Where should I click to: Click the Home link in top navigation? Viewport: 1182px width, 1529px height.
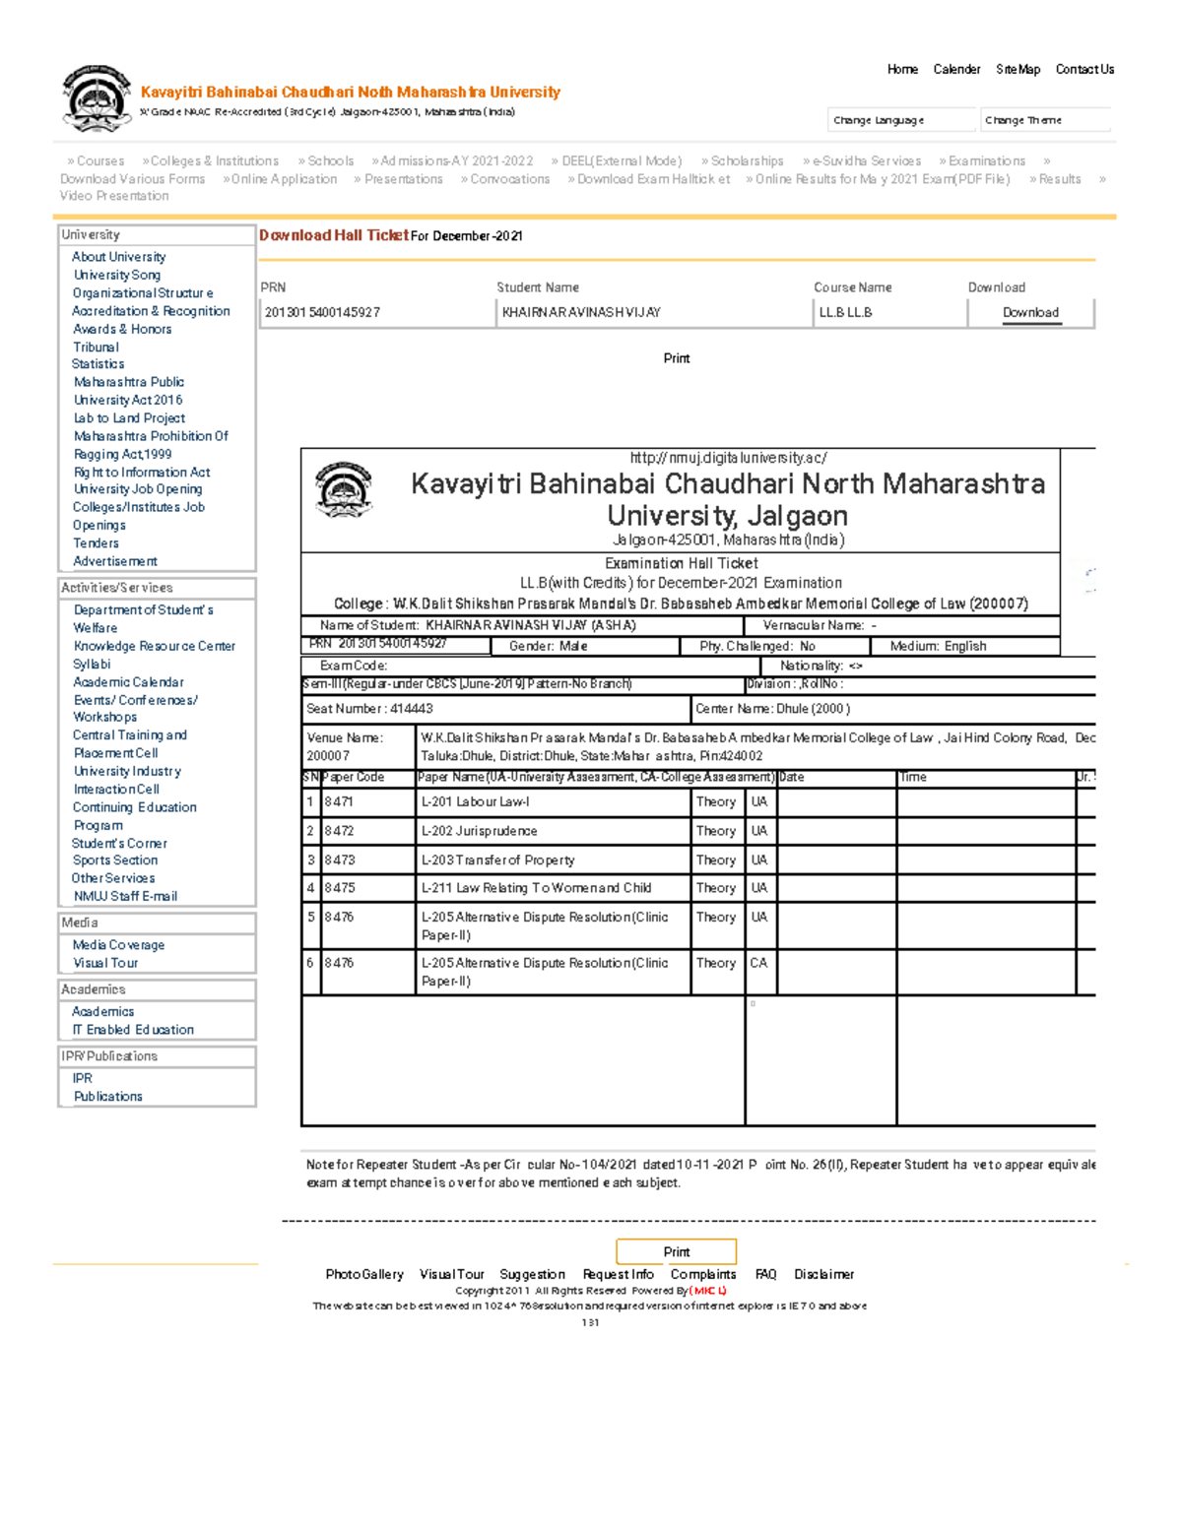pos(901,69)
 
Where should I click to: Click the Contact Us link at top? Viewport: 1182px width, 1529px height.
pos(1084,69)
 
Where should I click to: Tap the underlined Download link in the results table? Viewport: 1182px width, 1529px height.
pos(1030,313)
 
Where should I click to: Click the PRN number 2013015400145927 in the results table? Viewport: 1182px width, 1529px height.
pos(322,313)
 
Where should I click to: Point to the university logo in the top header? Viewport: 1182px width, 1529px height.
pos(96,99)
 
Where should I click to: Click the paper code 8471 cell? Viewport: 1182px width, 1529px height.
pos(339,802)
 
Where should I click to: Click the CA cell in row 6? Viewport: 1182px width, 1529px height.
pos(758,963)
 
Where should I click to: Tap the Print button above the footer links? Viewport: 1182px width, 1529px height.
pos(676,1251)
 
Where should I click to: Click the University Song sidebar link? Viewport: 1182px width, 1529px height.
pos(116,275)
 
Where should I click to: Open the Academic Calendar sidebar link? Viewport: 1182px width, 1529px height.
pos(128,682)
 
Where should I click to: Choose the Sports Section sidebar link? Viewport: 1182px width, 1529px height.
pos(114,860)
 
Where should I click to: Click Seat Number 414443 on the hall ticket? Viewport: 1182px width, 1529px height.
pos(369,709)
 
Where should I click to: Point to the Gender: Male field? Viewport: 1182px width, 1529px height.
pos(548,646)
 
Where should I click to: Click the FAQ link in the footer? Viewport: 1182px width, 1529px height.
pos(765,1274)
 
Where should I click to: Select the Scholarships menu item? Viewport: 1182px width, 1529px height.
pos(746,161)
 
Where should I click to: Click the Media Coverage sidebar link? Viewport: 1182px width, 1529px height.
pos(118,945)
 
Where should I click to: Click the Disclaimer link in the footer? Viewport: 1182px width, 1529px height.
pos(823,1274)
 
